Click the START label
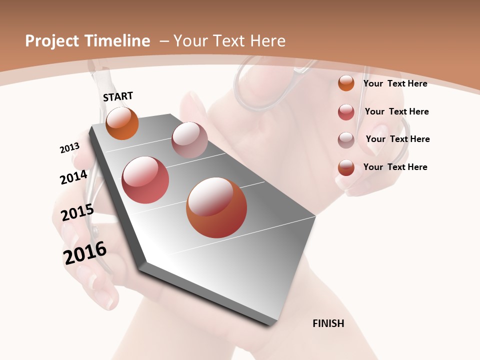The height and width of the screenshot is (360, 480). tap(118, 96)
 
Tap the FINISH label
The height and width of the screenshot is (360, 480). tap(328, 323)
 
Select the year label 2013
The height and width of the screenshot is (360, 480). tap(69, 148)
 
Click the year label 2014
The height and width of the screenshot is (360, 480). tap(73, 177)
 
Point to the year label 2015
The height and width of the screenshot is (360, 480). tap(77, 212)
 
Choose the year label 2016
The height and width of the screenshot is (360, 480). tap(85, 253)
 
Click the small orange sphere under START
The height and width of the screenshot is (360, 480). tap(122, 123)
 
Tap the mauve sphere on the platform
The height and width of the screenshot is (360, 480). tap(189, 139)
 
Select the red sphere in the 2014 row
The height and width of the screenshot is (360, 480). tap(145, 179)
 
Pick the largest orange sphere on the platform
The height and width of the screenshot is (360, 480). tap(216, 207)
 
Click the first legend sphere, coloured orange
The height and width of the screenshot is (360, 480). tap(346, 83)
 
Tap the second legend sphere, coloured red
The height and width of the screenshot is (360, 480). tap(346, 112)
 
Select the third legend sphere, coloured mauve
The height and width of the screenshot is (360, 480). tap(346, 140)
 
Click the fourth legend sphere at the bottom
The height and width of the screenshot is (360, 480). tap(346, 167)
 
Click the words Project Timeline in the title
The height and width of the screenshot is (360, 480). tap(87, 41)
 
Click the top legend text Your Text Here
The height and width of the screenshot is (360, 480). tap(395, 83)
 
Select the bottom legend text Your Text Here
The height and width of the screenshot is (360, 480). tap(395, 167)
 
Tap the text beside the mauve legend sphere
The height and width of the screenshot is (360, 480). tap(397, 139)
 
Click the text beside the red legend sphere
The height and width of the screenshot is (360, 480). tap(396, 111)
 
